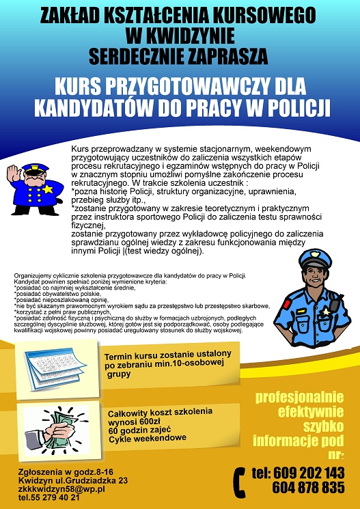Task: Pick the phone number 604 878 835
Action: point(307,488)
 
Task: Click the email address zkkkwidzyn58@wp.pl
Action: point(61,489)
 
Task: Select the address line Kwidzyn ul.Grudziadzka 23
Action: point(73,480)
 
